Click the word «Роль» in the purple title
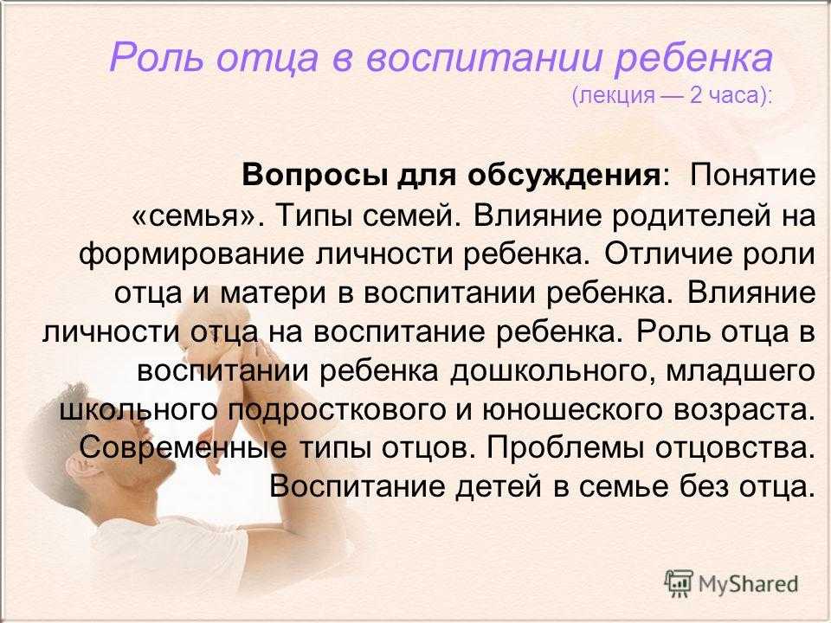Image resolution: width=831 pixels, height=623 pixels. pyautogui.click(x=157, y=57)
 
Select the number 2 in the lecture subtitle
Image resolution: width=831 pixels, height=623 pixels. pyautogui.click(x=695, y=95)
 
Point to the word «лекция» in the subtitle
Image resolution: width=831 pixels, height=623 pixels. pyautogui.click(x=617, y=96)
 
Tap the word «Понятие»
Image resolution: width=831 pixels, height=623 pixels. pyautogui.click(x=752, y=174)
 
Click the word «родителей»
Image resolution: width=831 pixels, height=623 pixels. pyautogui.click(x=686, y=216)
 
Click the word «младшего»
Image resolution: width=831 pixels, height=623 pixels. pyautogui.click(x=740, y=371)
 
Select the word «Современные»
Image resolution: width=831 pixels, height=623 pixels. pyautogui.click(x=183, y=449)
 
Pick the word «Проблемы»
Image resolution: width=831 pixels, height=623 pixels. pyautogui.click(x=565, y=449)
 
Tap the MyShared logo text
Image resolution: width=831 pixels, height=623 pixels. pyautogui.click(x=748, y=584)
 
